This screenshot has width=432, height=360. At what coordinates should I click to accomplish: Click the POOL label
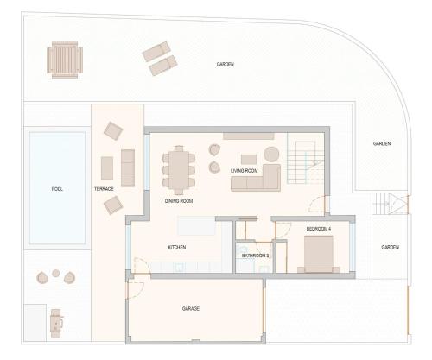click(x=57, y=189)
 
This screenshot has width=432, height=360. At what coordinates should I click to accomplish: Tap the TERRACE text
click(x=104, y=189)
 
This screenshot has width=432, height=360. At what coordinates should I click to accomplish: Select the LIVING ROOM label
click(x=245, y=171)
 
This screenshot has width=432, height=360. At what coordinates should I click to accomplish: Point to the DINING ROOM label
click(x=179, y=201)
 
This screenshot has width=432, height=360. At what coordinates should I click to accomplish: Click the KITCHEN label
click(x=177, y=247)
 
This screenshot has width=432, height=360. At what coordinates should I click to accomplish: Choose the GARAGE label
click(x=191, y=309)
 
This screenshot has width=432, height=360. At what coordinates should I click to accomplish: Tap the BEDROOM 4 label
click(x=319, y=229)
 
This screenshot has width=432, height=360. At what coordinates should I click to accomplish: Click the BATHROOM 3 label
click(x=256, y=256)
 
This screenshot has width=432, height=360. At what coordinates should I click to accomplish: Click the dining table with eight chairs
click(x=179, y=170)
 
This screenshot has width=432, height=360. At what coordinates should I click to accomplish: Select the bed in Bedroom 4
click(x=319, y=255)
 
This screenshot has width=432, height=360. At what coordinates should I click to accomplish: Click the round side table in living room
click(x=271, y=155)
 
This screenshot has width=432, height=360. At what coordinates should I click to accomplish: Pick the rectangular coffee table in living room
click(x=249, y=160)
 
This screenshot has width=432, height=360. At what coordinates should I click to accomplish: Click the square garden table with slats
click(x=65, y=60)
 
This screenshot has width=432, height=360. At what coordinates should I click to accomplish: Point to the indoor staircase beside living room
click(x=306, y=162)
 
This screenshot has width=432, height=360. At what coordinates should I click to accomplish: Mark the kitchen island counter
click(x=197, y=226)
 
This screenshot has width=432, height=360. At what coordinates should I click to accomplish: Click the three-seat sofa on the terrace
click(x=128, y=168)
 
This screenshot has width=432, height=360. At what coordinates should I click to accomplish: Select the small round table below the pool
click(x=56, y=273)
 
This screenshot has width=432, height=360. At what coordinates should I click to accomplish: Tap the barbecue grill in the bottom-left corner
click(x=56, y=324)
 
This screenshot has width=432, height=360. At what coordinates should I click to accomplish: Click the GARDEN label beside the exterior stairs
click(x=390, y=247)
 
